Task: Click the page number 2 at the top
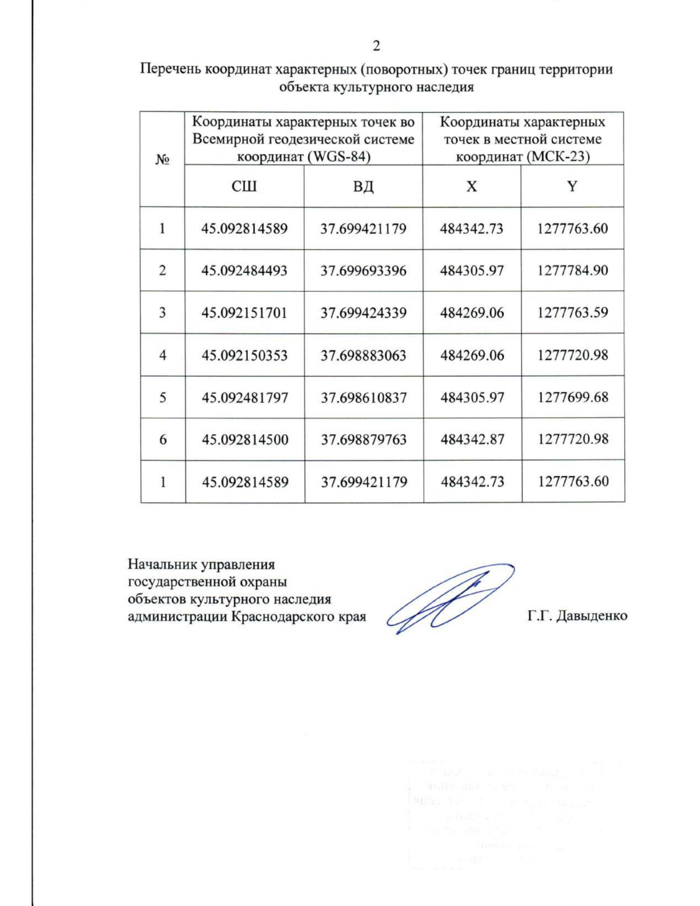tap(376, 46)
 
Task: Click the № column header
tap(162, 159)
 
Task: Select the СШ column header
tap(244, 186)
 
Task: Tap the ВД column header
tap(363, 187)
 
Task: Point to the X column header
tap(471, 186)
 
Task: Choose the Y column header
tap(572, 186)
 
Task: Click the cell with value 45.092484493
tap(244, 271)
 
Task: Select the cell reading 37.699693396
tap(363, 271)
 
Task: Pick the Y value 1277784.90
tap(573, 270)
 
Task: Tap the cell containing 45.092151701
tap(244, 313)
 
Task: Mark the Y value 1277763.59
tap(573, 313)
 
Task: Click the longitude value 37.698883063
tap(363, 355)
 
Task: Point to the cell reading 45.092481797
tap(245, 398)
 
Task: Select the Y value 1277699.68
tap(573, 397)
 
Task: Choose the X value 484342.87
tap(473, 439)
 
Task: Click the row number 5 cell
tap(163, 398)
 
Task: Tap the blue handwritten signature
tap(449, 598)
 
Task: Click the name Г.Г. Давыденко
tap(577, 616)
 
